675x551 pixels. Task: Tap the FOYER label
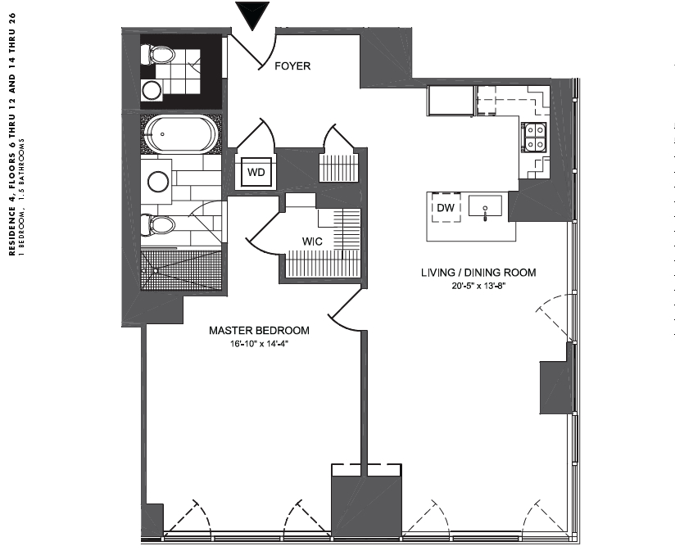pyautogui.click(x=292, y=65)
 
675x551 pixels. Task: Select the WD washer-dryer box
pyautogui.click(x=256, y=172)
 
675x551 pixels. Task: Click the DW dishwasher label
pyautogui.click(x=446, y=208)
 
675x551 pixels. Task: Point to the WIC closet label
pyautogui.click(x=312, y=242)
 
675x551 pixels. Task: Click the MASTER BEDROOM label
pyautogui.click(x=259, y=330)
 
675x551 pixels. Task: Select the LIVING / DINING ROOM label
pyautogui.click(x=478, y=273)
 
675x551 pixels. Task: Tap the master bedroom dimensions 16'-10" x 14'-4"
pyautogui.click(x=259, y=344)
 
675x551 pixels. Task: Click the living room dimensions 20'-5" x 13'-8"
pyautogui.click(x=478, y=286)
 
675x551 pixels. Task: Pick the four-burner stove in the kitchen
pyautogui.click(x=534, y=138)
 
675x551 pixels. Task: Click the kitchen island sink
pyautogui.click(x=485, y=206)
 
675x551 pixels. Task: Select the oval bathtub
pyautogui.click(x=181, y=133)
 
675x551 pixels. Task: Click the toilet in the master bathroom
pyautogui.click(x=158, y=225)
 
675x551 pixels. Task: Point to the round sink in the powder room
pyautogui.click(x=152, y=90)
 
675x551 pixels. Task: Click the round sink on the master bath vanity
pyautogui.click(x=158, y=182)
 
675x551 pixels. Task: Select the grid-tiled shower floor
pyautogui.click(x=181, y=270)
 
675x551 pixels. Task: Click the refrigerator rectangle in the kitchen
pyautogui.click(x=451, y=101)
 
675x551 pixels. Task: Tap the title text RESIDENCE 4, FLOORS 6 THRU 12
pyautogui.click(x=12, y=134)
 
